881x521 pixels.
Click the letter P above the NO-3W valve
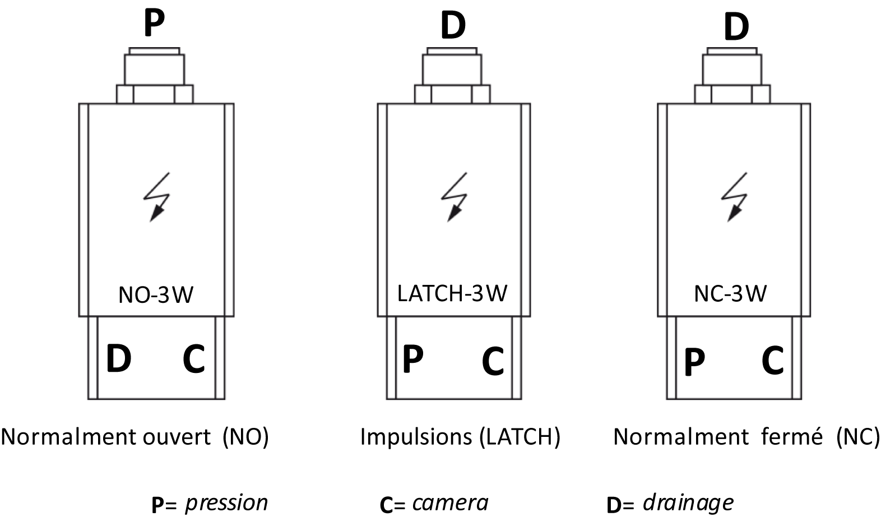(x=154, y=22)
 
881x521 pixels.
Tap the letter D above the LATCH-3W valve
(x=453, y=26)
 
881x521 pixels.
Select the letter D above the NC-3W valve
(x=736, y=26)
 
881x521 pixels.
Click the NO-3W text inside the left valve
(x=156, y=295)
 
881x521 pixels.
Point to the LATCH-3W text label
(x=452, y=293)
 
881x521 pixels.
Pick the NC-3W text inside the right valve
(x=730, y=293)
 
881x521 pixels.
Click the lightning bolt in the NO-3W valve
(x=157, y=197)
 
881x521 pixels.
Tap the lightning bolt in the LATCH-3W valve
(x=455, y=197)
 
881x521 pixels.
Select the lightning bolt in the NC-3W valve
(x=734, y=197)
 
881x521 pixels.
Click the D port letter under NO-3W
(x=118, y=358)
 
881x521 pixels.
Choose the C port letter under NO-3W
(x=194, y=358)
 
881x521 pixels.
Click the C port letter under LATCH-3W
(x=493, y=361)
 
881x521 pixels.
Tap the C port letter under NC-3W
(x=772, y=360)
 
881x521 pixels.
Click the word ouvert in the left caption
(x=177, y=437)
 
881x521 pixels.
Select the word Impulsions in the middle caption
(x=416, y=437)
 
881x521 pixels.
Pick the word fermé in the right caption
(x=792, y=436)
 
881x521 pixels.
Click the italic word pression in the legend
(x=226, y=504)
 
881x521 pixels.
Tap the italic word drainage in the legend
(x=688, y=503)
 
